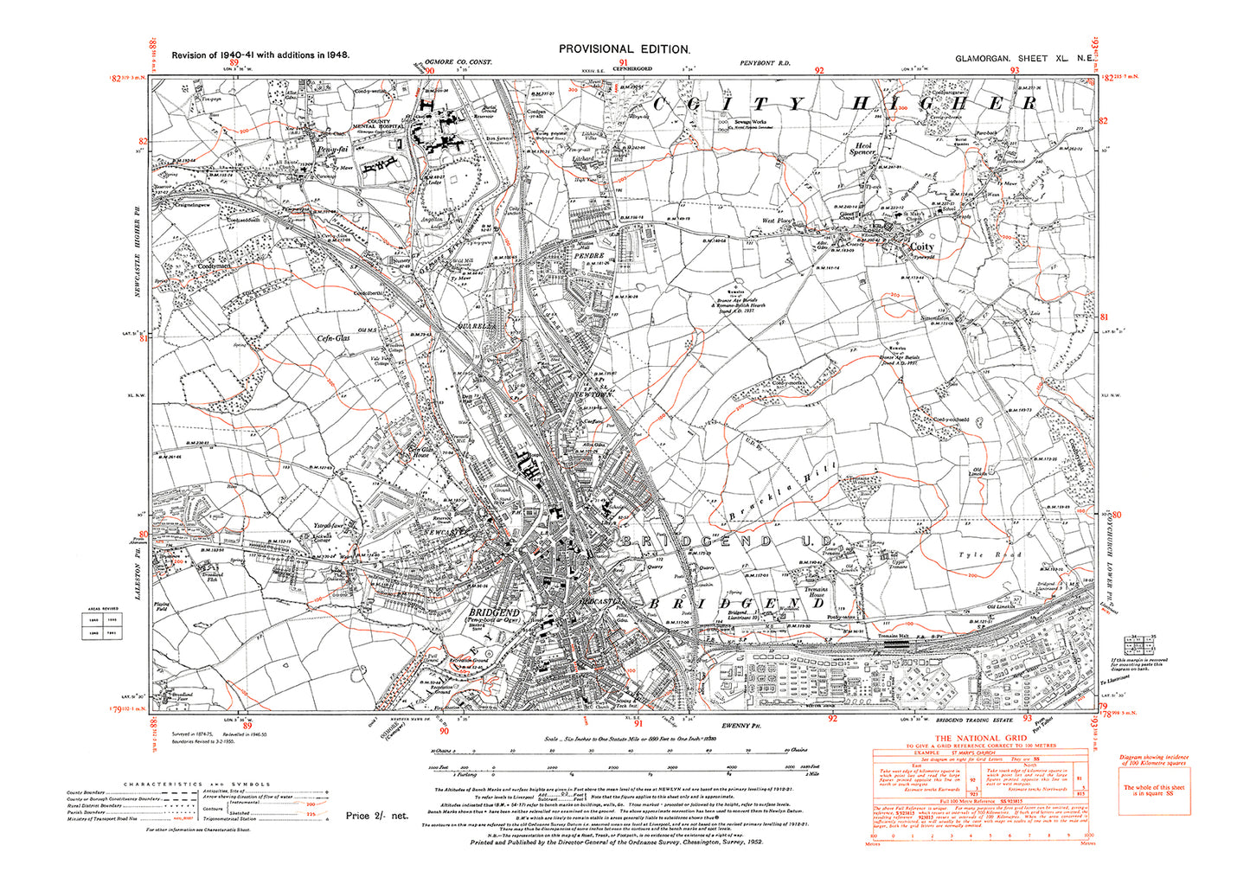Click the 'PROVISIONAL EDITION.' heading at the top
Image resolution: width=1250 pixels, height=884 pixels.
[625, 49]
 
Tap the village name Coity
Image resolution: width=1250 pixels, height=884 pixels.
[921, 247]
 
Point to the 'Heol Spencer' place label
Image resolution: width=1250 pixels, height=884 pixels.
[862, 148]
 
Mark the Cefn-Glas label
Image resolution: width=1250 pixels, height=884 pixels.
[332, 340]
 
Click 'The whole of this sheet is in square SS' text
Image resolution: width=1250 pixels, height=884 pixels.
[1154, 791]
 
